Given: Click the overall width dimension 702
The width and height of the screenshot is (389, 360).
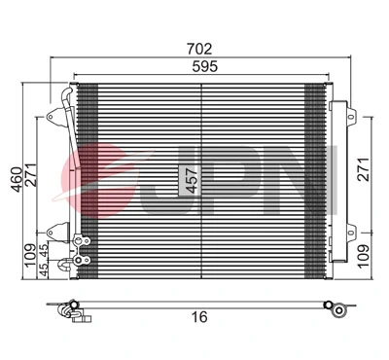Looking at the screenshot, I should click(200, 47).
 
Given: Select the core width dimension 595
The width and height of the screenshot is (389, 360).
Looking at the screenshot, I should click(200, 66).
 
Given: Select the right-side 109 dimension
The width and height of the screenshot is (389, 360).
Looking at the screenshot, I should click(362, 256).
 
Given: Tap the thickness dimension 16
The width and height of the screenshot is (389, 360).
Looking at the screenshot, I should click(199, 316).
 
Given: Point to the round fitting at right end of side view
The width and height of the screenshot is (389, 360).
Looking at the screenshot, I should click(336, 310).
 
